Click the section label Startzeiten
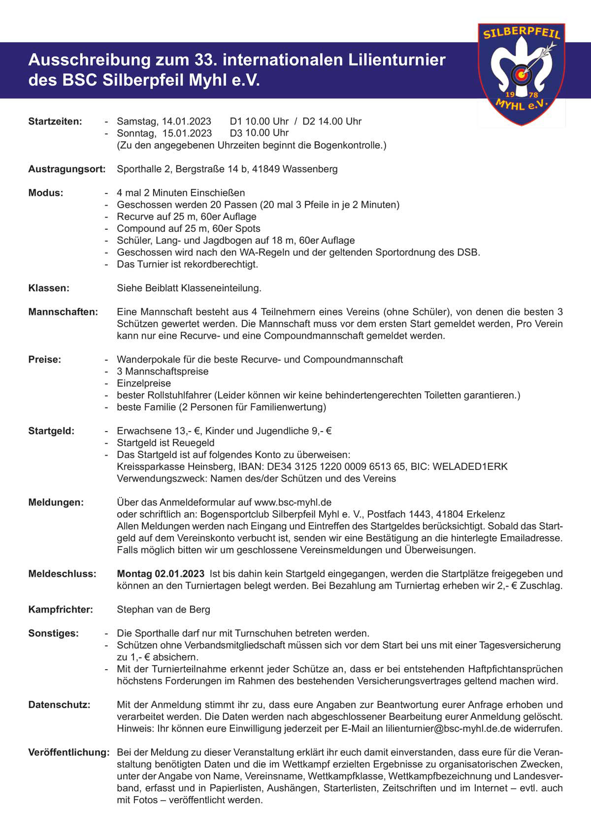pos(55,121)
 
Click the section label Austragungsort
pos(67,169)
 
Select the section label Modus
pos(46,193)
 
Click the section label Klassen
pos(49,288)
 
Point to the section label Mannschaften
pos(63,312)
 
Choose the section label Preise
pos(45,360)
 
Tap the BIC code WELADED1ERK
pos(470,466)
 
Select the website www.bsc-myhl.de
pos(293,502)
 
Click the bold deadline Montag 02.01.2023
pos(161,574)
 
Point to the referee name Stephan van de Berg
pos(164,610)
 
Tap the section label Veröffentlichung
pos(68,752)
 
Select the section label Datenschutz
pos(60,705)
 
